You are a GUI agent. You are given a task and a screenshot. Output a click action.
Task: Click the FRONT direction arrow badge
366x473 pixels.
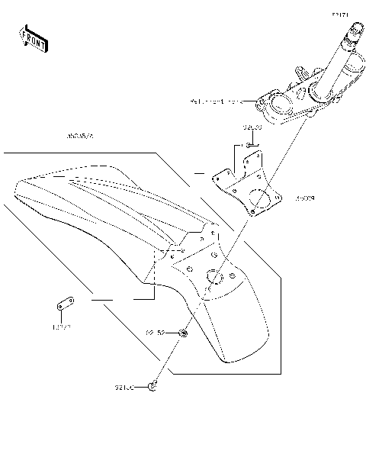point(33,37)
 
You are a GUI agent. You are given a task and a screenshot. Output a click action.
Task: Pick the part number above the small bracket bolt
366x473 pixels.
point(252,127)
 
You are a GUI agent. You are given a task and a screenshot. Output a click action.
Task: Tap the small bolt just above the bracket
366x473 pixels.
point(248,145)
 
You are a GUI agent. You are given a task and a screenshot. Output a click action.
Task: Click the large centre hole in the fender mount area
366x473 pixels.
point(213,277)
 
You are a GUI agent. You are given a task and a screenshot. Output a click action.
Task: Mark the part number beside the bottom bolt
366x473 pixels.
point(125,388)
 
